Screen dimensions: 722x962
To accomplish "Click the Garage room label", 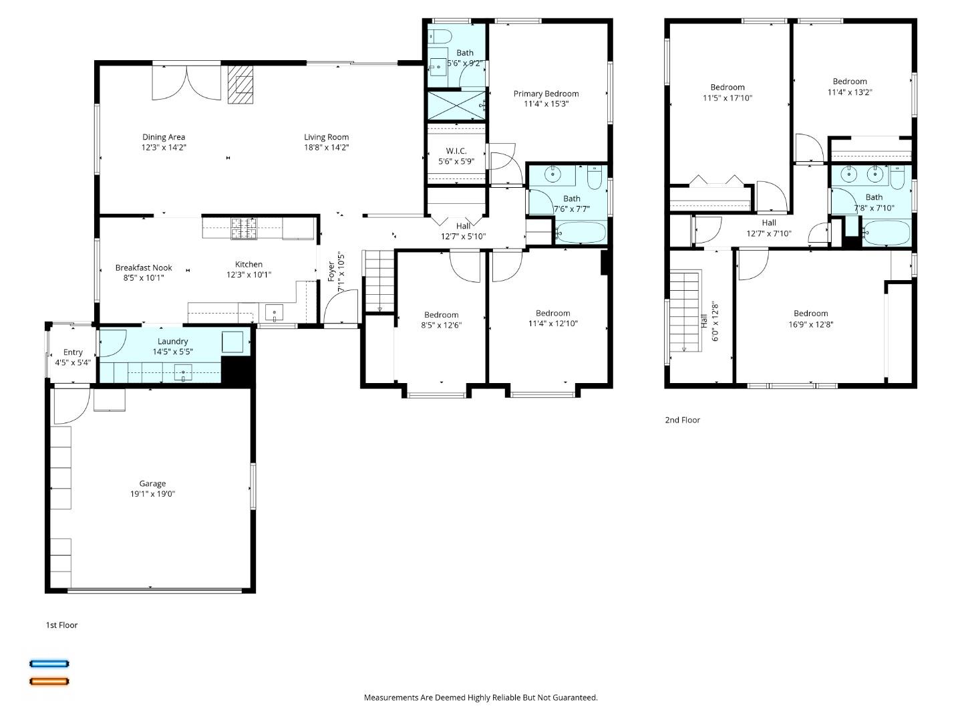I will pyautogui.click(x=152, y=483).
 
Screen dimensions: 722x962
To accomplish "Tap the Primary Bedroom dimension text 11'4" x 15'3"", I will pyautogui.click(x=546, y=104).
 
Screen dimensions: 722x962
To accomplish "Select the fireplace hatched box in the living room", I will pyautogui.click(x=240, y=84).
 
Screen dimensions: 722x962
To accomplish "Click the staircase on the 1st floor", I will pyautogui.click(x=379, y=281).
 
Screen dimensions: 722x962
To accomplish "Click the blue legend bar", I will pyautogui.click(x=49, y=664).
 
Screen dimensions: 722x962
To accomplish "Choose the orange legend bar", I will pyautogui.click(x=49, y=682).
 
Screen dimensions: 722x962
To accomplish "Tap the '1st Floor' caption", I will pyautogui.click(x=61, y=625).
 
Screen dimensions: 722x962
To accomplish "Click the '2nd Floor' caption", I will pyautogui.click(x=682, y=420).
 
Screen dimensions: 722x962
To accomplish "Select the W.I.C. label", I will pyautogui.click(x=456, y=151).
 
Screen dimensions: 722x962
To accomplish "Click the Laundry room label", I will pyautogui.click(x=172, y=342).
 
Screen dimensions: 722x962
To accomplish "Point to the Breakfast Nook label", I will pyautogui.click(x=144, y=267).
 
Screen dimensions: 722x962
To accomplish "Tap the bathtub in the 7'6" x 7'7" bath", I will pyautogui.click(x=581, y=233).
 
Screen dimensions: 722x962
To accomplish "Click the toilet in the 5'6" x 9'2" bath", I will pyautogui.click(x=441, y=35).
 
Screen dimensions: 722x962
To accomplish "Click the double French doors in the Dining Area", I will pyautogui.click(x=186, y=82).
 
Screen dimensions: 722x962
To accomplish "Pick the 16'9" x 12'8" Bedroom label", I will pyautogui.click(x=810, y=314).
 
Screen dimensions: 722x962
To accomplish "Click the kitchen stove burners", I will pyautogui.click(x=244, y=228).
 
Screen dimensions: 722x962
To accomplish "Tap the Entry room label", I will pyautogui.click(x=73, y=352).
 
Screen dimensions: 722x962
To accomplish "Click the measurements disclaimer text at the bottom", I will pyautogui.click(x=480, y=697).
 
